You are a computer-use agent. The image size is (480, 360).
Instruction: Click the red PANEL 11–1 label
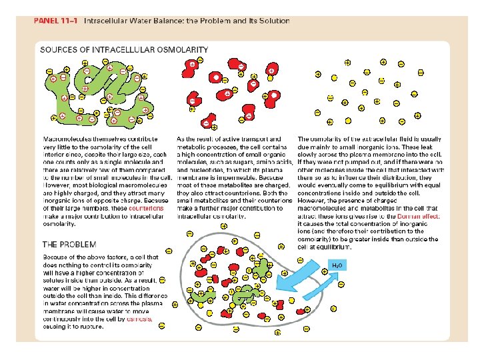(x=56, y=21)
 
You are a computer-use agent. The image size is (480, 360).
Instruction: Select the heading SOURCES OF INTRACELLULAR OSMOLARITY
(x=124, y=49)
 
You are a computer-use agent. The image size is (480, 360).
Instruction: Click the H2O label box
(x=337, y=265)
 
